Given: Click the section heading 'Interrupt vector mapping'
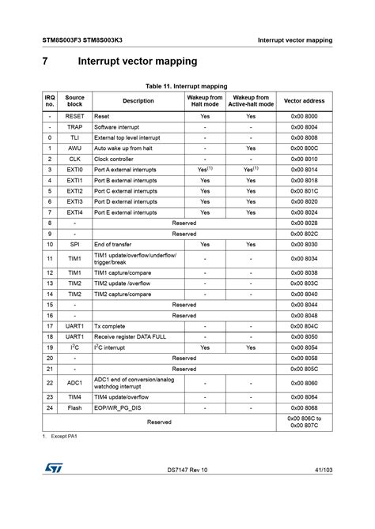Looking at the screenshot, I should coord(137,62).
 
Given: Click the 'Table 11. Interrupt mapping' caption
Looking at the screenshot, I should coord(187,85).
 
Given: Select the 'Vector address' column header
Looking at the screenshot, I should coord(305,100).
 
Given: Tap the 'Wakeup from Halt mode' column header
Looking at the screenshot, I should coord(205,100).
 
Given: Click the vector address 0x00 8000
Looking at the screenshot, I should coord(305,115).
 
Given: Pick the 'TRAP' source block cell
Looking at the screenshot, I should coord(74,126).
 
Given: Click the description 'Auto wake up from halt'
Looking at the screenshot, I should coord(123,148).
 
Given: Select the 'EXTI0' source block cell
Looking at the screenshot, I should coord(74,169).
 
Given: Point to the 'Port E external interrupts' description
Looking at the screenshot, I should coord(126,212).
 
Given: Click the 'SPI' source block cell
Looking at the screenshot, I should coord(74,245).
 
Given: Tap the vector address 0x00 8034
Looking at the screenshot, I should coord(305,258).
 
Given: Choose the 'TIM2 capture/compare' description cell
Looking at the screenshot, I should coord(123,294).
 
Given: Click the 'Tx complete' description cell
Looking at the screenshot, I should coord(110,326).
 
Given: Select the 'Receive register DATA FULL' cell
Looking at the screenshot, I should coord(130,336).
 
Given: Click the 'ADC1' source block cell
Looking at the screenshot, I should coord(74,383).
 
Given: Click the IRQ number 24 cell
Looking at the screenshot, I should coord(50,407).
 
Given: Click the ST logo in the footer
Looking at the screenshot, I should coord(52,490).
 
